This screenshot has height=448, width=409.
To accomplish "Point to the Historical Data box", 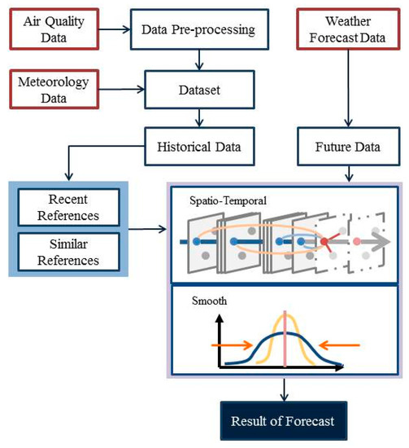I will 194,147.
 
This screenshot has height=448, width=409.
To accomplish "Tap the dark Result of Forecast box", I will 285,421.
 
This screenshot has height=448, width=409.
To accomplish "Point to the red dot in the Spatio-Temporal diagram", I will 324,242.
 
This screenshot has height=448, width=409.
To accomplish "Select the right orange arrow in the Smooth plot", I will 335,345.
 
